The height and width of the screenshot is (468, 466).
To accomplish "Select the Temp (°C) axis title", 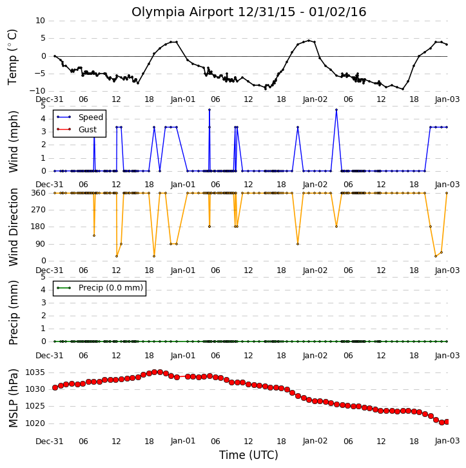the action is coord(12,57).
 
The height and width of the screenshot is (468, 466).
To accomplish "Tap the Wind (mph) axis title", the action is coord(13,141).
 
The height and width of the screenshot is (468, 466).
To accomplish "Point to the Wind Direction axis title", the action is coord(13,227).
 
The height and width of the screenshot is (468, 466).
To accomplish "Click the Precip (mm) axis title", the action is coord(13,312).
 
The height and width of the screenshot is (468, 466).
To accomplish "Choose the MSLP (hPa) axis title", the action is coord(13,398).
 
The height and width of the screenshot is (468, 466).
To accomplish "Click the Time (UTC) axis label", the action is coord(249,455).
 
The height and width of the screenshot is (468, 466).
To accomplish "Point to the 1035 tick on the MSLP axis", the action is coord(35,372).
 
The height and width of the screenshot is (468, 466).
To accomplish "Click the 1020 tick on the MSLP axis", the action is coord(35,423).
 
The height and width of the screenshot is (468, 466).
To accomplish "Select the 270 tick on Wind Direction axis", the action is coord(39,210).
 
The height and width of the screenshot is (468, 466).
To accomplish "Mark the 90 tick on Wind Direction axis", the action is coord(41,244).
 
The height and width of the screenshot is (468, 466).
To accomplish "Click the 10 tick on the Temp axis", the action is coord(40,21).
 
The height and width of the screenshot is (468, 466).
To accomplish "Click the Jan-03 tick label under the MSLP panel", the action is coord(447,441).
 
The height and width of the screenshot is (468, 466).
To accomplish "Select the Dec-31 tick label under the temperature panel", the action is coord(50,99).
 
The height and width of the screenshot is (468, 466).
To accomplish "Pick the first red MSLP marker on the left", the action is coord(55,388).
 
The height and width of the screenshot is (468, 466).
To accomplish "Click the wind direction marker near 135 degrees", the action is coord(94,236).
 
